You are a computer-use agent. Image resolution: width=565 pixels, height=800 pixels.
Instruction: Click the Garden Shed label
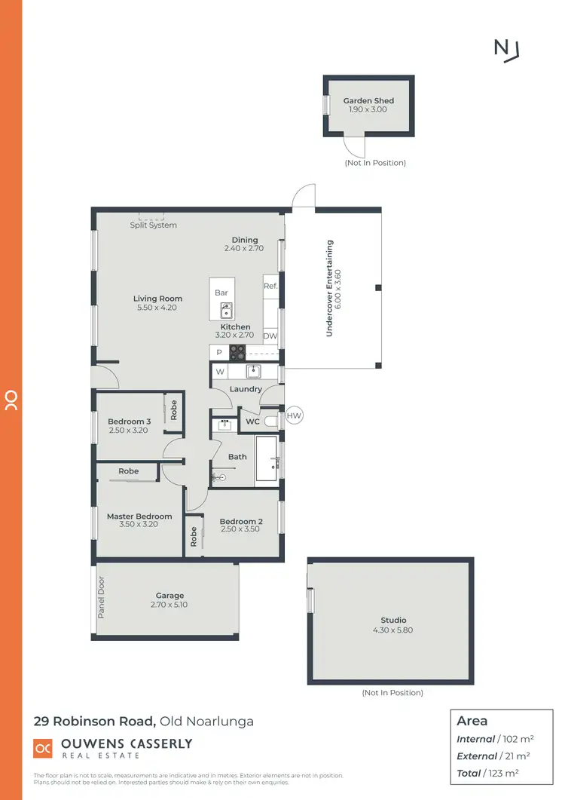click(x=368, y=100)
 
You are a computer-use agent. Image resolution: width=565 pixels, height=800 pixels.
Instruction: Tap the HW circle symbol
click(x=295, y=415)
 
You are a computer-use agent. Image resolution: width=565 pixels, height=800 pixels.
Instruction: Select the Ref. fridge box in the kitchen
click(x=270, y=286)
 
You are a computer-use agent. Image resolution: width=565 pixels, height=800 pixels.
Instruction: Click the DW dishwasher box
click(x=270, y=336)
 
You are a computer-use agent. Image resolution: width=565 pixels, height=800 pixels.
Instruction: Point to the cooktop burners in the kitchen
click(x=237, y=351)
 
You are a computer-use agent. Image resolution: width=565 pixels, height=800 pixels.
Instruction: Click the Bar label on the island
click(x=221, y=292)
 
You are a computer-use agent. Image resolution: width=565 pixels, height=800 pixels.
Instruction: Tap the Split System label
click(x=154, y=225)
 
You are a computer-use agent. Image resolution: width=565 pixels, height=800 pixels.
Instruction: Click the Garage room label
click(x=169, y=595)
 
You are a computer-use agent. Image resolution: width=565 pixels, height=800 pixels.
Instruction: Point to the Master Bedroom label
click(x=139, y=516)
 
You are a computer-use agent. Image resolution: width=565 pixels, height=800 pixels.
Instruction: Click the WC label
click(x=252, y=421)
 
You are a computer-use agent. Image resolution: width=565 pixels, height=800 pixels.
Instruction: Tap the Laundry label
click(x=246, y=389)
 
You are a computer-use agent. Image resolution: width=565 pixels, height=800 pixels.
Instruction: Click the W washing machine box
click(x=220, y=371)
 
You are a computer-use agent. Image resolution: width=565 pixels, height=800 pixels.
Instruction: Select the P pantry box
click(x=219, y=352)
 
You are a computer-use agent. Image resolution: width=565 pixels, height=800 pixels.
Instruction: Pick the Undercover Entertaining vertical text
click(x=329, y=288)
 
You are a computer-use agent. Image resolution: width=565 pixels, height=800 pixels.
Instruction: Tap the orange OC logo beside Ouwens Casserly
click(x=43, y=747)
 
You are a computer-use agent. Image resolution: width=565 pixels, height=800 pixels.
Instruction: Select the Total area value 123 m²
click(x=504, y=773)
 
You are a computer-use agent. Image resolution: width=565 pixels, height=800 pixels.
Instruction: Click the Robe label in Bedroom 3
click(x=174, y=410)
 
